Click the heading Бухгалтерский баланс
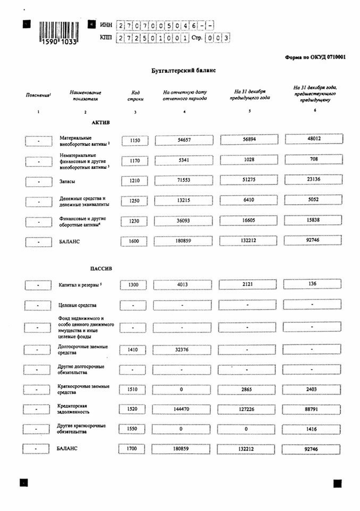click(x=181, y=71)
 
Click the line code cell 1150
click(x=135, y=140)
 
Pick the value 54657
click(x=184, y=140)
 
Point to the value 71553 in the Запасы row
click(x=184, y=182)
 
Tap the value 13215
click(x=184, y=201)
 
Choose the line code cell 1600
click(x=135, y=241)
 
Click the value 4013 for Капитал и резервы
click(x=184, y=286)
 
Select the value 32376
click(x=184, y=348)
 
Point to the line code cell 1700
click(x=135, y=449)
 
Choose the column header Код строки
click(x=135, y=95)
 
